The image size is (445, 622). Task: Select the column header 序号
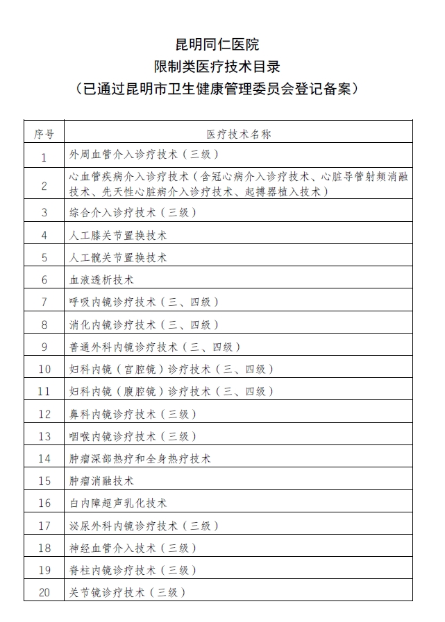44,133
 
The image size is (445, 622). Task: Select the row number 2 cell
44,185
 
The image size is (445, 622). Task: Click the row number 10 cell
44,369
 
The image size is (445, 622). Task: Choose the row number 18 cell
44,548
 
